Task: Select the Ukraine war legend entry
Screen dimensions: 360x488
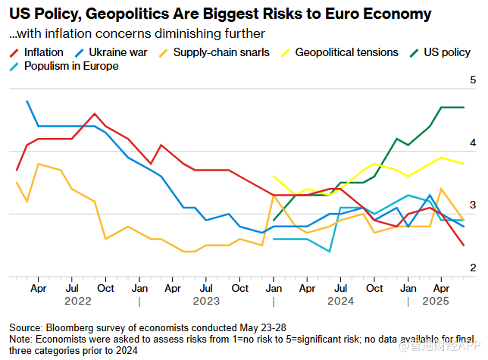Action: (111, 52)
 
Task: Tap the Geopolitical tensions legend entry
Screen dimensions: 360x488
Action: (346, 52)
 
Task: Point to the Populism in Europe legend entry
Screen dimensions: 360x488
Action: (70, 66)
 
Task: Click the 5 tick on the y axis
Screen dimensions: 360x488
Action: (473, 80)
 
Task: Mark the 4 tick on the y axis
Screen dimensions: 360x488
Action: (473, 142)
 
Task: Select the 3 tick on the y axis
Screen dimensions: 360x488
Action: (473, 205)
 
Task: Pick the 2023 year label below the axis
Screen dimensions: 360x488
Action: (206, 301)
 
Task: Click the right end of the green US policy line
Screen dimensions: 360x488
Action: (464, 108)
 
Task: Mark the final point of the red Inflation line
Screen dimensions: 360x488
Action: (464, 246)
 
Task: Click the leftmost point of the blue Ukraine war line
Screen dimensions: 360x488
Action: (27, 101)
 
